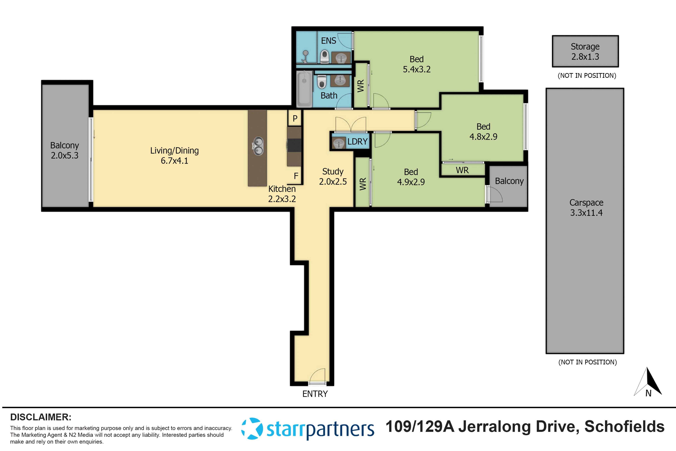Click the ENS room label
(329, 41)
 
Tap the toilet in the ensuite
(324, 56)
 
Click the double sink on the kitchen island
(258, 146)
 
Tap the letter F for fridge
(296, 176)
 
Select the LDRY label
(357, 142)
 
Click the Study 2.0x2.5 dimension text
(333, 181)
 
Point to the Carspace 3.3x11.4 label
(586, 207)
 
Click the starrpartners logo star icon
(252, 429)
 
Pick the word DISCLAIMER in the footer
(41, 417)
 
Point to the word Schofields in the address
(624, 426)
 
